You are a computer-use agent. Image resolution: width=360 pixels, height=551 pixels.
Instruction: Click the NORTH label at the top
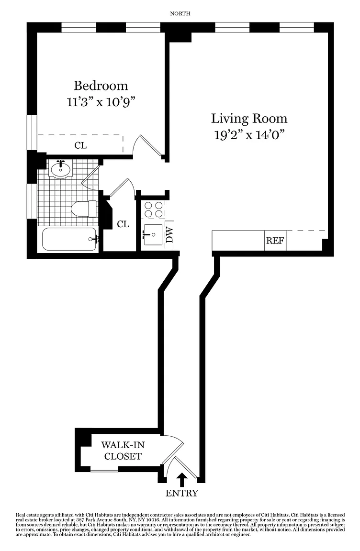180,14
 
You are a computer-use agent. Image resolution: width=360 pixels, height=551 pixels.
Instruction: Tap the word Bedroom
101,86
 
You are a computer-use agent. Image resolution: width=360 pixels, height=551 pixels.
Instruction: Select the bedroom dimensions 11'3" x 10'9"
101,102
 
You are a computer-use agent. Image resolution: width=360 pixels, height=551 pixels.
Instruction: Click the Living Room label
249,119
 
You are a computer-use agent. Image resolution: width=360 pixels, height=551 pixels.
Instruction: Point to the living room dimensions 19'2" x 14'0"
249,135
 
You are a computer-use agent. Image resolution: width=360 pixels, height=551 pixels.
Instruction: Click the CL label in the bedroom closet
80,145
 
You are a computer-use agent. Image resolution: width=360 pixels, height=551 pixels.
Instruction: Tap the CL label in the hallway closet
123,224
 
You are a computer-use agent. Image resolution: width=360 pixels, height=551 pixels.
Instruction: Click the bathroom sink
61,169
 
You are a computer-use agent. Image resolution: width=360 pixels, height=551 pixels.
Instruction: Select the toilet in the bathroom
84,209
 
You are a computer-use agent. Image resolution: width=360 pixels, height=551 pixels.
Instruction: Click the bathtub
69,239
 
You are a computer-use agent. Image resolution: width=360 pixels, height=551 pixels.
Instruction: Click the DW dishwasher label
170,235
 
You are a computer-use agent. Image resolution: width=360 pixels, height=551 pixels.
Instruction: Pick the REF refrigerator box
275,241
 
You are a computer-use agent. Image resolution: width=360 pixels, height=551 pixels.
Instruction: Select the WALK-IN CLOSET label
123,451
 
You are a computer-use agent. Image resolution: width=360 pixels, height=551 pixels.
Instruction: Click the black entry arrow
182,480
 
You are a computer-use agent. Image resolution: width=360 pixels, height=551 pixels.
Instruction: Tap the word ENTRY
182,494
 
